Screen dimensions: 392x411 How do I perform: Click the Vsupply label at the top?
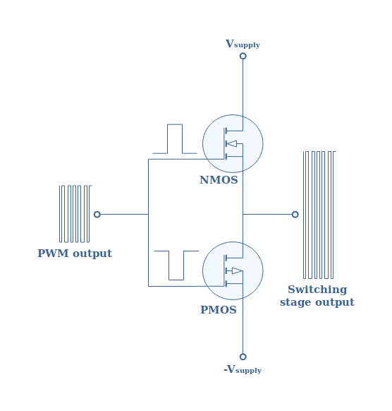(x=243, y=44)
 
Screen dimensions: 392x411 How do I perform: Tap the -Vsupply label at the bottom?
(x=243, y=369)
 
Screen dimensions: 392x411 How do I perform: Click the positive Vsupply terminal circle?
(x=243, y=56)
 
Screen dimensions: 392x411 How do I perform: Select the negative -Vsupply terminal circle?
(x=243, y=357)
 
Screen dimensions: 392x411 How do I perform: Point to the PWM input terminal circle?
(x=97, y=215)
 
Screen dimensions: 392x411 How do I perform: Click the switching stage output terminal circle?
(x=295, y=215)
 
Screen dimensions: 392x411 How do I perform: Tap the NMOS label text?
(x=219, y=180)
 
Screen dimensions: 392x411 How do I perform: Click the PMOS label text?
(x=219, y=310)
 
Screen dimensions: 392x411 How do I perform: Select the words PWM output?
(x=75, y=254)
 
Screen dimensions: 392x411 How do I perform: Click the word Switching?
(x=317, y=290)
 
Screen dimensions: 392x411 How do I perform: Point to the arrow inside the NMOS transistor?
(x=231, y=143)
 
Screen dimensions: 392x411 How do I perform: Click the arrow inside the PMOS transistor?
(x=237, y=270)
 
